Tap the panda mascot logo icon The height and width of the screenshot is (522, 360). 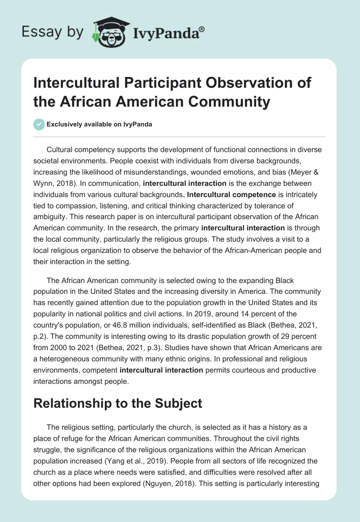tap(107, 31)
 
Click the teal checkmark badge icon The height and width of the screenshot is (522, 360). tap(39, 124)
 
